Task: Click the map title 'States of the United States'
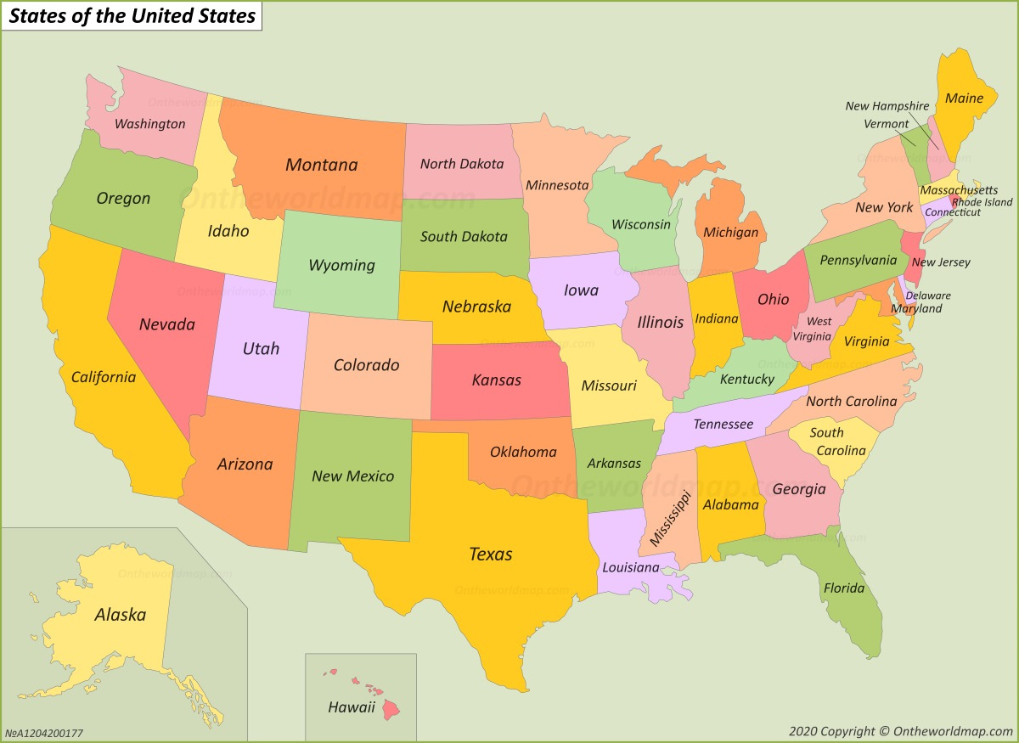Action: point(132,16)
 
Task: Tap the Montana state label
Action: point(321,165)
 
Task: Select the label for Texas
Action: point(491,554)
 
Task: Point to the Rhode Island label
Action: point(982,202)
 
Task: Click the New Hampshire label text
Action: point(887,106)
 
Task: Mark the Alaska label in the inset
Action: point(120,615)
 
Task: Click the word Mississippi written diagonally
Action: point(670,518)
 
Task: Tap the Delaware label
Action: point(928,296)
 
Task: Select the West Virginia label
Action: point(819,329)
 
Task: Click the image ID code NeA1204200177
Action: point(44,733)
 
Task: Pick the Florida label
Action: point(843,588)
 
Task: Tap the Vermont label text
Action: point(887,124)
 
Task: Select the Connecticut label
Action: point(953,212)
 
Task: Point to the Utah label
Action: point(261,348)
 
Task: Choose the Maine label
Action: point(964,99)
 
